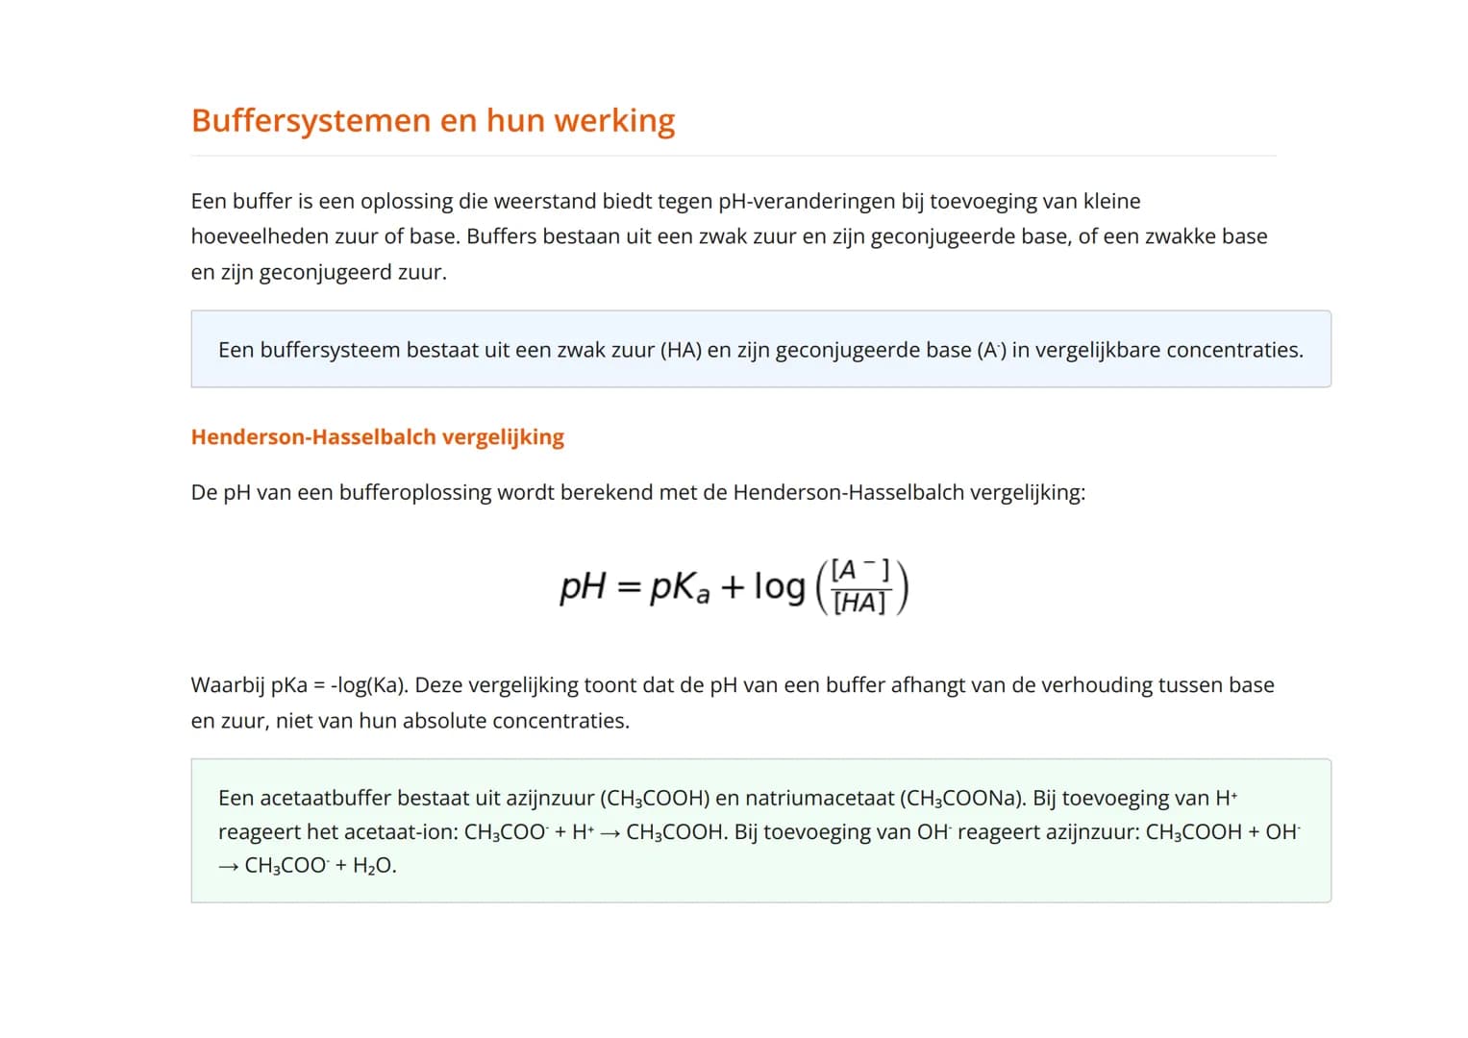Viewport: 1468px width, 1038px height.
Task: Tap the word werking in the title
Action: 614,121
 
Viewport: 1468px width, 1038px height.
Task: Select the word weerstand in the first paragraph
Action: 545,202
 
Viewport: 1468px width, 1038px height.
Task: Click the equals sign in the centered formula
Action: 628,586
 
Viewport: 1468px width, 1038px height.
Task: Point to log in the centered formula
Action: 779,586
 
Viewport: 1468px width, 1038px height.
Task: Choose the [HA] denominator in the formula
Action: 859,604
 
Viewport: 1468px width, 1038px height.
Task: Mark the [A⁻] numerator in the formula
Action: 859,571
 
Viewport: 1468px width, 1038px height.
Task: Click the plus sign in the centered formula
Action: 733,586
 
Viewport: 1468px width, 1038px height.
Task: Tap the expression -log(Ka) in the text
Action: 369,685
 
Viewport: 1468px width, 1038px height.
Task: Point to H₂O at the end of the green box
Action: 374,866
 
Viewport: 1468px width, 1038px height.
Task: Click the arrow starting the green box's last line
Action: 228,866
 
